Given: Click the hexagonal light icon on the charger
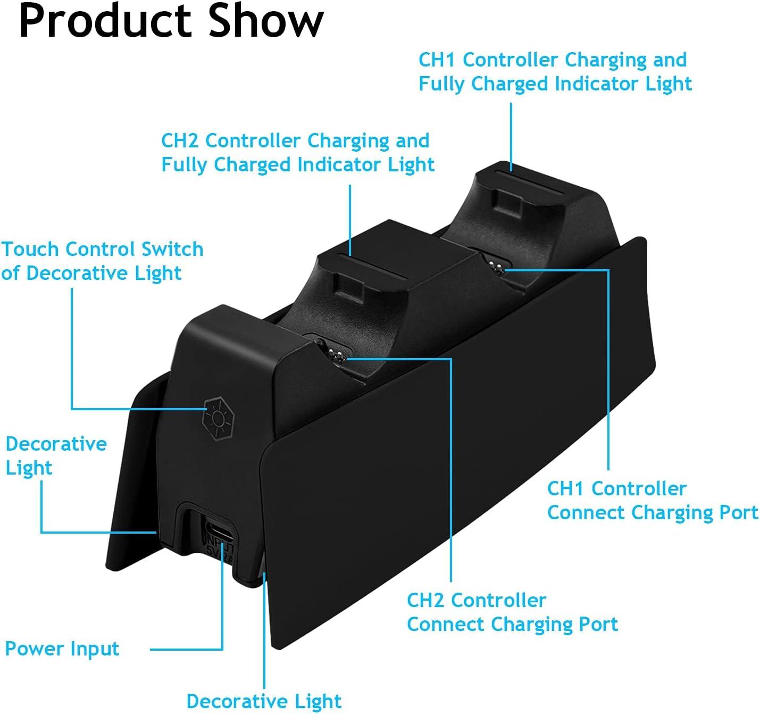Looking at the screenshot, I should click(216, 418).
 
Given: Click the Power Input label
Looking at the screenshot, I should click(62, 649).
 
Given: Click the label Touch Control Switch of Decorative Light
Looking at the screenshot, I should click(102, 261).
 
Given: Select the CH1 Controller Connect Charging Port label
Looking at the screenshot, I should click(652, 500).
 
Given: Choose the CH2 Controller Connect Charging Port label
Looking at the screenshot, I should click(512, 612).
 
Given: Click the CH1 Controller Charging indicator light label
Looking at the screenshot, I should click(555, 72).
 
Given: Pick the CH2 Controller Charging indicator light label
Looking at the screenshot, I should click(298, 153).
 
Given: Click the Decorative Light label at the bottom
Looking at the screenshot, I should click(264, 701).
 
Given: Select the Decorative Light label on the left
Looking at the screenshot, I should click(56, 455).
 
